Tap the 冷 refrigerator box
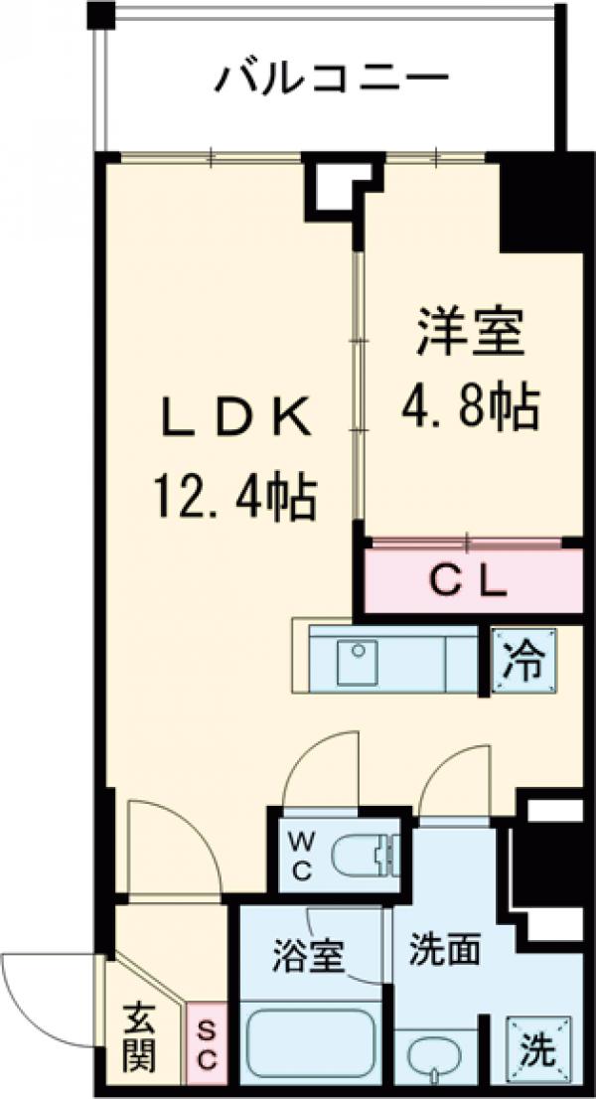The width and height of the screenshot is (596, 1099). (x=521, y=661)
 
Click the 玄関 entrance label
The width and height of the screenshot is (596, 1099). (x=140, y=1037)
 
